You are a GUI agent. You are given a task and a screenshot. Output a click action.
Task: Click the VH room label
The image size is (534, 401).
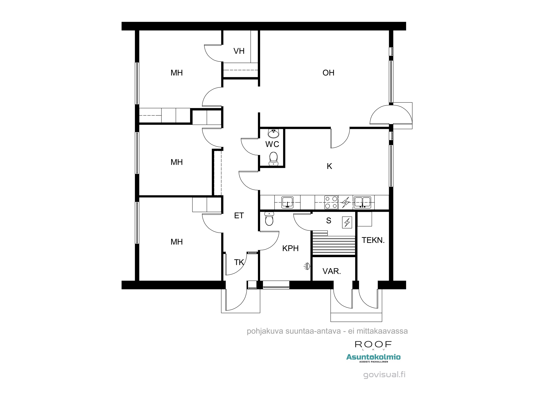point(239,51)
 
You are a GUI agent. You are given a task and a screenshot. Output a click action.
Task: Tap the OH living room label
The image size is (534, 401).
point(328,73)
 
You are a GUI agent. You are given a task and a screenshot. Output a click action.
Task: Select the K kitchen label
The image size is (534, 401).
point(329,166)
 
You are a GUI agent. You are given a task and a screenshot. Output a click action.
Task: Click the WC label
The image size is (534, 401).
point(272,144)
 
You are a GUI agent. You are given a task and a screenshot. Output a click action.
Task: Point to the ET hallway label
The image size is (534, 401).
point(239,215)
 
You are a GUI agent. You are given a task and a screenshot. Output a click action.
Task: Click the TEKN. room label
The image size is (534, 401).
point(373,240)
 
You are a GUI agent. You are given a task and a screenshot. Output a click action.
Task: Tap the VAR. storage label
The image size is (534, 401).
point(331,271)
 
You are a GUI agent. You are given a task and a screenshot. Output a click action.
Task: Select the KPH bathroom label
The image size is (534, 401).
point(290,248)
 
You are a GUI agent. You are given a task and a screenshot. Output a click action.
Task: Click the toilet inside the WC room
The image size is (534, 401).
point(273,159)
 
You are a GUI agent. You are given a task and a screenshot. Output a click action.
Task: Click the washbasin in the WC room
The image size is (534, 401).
point(273,133)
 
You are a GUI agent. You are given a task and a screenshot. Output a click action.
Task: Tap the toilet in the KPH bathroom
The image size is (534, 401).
point(269,219)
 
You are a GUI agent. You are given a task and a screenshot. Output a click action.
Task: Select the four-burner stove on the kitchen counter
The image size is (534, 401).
point(331,202)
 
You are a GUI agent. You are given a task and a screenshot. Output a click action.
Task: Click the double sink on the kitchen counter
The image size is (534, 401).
point(362,202)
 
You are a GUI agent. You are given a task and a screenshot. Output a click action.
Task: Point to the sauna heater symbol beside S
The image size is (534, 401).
point(347,222)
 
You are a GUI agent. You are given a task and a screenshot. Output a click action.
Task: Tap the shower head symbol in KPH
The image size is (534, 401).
point(307,266)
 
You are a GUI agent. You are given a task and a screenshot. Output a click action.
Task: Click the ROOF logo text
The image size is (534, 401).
point(373,344)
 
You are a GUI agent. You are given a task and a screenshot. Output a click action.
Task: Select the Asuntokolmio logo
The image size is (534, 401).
point(373,357)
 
